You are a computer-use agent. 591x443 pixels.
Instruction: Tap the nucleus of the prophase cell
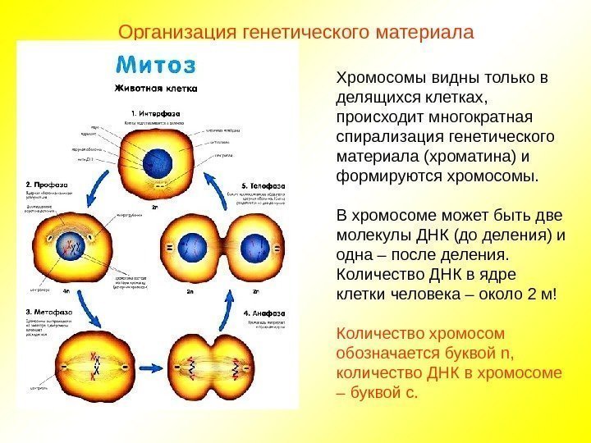pyautogui.click(x=71, y=244)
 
